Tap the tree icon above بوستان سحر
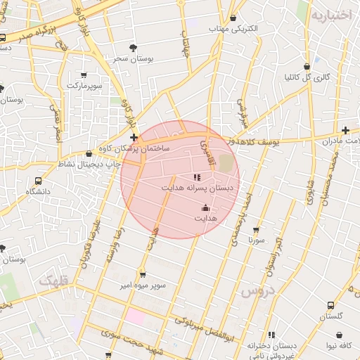pos(134,49)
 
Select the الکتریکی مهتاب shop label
pos(233,30)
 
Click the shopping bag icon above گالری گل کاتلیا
pos(307,67)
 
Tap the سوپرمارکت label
pos(84,85)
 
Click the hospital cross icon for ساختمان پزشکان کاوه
pos(134,137)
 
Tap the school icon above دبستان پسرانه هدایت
pos(196,177)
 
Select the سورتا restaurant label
pos(256,240)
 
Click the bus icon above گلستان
pos(330,305)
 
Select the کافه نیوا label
pos(337,345)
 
